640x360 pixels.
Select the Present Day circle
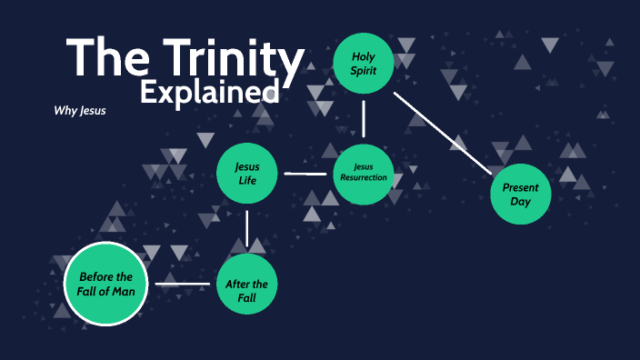coord(521,194)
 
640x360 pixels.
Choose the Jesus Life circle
coord(247,173)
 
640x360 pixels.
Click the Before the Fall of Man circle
coord(105,285)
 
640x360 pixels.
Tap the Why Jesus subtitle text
coord(81,112)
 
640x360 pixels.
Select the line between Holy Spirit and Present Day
coord(443,130)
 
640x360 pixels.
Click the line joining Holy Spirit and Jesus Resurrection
coord(364,118)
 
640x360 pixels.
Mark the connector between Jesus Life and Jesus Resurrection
coord(305,173)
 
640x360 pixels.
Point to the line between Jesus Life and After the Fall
coord(247,228)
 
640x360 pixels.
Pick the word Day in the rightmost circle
coord(520,202)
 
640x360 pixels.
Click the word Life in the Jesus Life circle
coord(247,180)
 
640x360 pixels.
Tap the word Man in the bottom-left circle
coord(125,291)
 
